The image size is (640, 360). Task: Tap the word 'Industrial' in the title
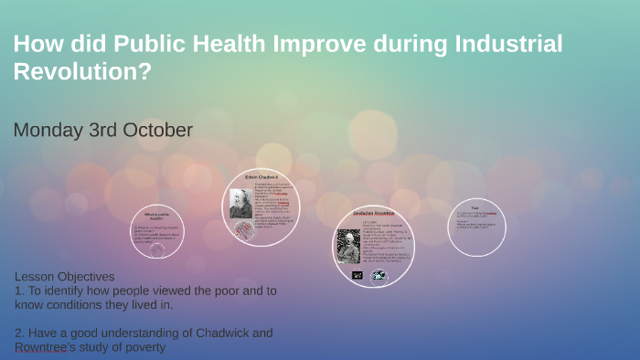click(497, 44)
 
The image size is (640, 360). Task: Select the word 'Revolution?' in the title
click(81, 72)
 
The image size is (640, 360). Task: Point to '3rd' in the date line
click(107, 131)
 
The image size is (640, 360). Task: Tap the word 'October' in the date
click(161, 131)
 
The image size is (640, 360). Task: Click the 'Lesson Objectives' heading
click(64, 277)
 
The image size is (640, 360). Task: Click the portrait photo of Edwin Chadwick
click(240, 203)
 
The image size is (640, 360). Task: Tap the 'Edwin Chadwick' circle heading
click(262, 175)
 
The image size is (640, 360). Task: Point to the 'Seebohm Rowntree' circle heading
click(373, 214)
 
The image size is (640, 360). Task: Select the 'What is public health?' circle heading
click(153, 217)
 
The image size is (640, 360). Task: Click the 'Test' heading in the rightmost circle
click(475, 207)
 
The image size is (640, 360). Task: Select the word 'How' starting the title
click(34, 44)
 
